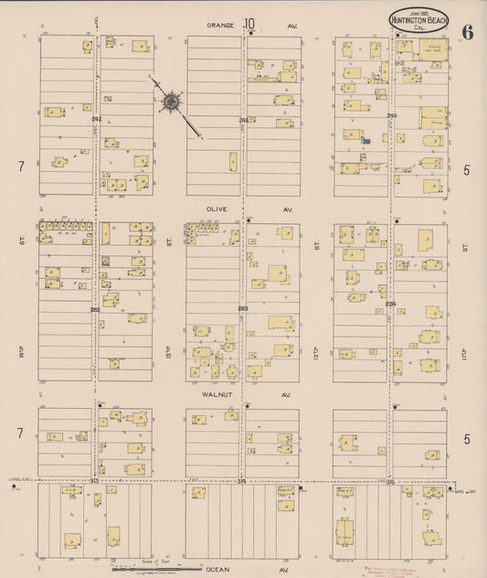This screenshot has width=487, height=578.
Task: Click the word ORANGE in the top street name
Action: (x=222, y=25)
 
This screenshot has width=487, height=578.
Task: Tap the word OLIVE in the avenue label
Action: (x=218, y=209)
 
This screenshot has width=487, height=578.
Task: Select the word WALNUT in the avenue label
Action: (x=217, y=395)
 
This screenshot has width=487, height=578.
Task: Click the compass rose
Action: (x=171, y=102)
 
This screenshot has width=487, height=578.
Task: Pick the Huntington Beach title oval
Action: (x=418, y=22)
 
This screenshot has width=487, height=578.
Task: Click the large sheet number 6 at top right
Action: (x=467, y=33)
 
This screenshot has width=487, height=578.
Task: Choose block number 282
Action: (x=95, y=309)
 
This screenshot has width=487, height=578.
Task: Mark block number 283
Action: (x=243, y=309)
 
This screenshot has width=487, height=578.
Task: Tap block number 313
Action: (x=95, y=480)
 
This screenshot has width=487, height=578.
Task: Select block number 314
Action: (x=242, y=481)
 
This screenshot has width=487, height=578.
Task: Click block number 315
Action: (x=391, y=481)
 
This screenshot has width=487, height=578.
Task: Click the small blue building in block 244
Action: (x=365, y=141)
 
